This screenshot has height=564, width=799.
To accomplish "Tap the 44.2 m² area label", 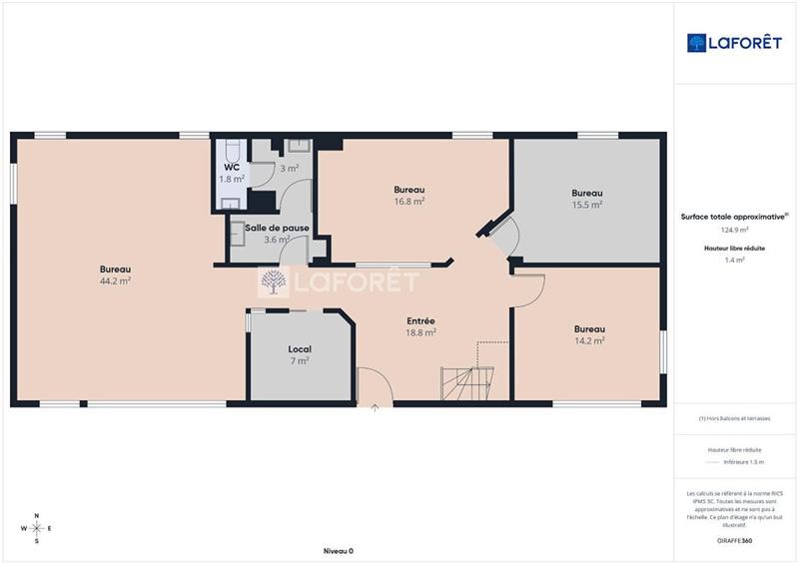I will pyautogui.click(x=116, y=282).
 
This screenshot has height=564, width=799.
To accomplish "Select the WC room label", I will pyautogui.click(x=231, y=168).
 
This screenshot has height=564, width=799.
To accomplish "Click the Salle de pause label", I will pyautogui.click(x=277, y=228).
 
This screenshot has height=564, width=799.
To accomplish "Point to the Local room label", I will pyautogui.click(x=300, y=349).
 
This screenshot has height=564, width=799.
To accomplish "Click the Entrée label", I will pyautogui.click(x=419, y=320).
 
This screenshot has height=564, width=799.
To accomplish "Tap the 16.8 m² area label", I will pyautogui.click(x=409, y=202).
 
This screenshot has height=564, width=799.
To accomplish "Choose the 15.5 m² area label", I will pyautogui.click(x=586, y=205).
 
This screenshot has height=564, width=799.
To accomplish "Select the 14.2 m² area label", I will pyautogui.click(x=589, y=340).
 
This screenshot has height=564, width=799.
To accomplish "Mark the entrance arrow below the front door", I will pyautogui.click(x=375, y=408).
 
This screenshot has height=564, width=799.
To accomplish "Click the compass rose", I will pyautogui.click(x=37, y=528).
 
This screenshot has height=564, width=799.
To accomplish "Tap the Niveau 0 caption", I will pyautogui.click(x=338, y=551).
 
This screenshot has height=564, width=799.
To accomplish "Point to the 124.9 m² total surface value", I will pyautogui.click(x=734, y=229).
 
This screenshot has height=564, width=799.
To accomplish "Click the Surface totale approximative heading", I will pyautogui.click(x=734, y=216).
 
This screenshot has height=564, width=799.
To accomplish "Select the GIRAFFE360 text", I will pyautogui.click(x=734, y=540).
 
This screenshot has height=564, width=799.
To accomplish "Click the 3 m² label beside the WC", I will pyautogui.click(x=289, y=169).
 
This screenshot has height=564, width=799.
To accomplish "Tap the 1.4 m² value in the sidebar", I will pyautogui.click(x=734, y=260).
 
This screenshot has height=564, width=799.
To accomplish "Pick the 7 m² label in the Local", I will pyautogui.click(x=300, y=361).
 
